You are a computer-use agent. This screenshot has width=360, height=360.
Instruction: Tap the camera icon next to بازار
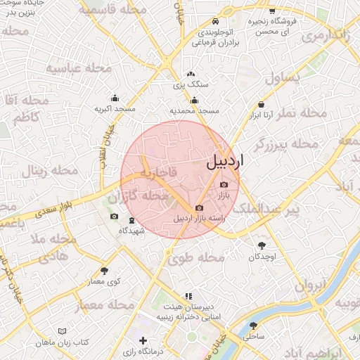[224, 184]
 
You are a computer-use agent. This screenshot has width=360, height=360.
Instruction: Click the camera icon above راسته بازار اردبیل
[200, 208]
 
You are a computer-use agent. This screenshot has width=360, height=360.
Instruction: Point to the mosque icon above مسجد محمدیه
[195, 101]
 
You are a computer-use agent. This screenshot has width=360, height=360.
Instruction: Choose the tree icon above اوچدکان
[262, 246]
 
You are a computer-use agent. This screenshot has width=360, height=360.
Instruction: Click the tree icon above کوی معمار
[104, 271]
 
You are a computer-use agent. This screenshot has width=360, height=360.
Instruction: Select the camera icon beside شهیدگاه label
[114, 217]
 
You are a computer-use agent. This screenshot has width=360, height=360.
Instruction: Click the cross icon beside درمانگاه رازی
[143, 340]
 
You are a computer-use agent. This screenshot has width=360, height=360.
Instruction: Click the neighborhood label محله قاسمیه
[108, 11]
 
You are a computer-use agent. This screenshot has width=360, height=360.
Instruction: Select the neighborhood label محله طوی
[201, 258]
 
